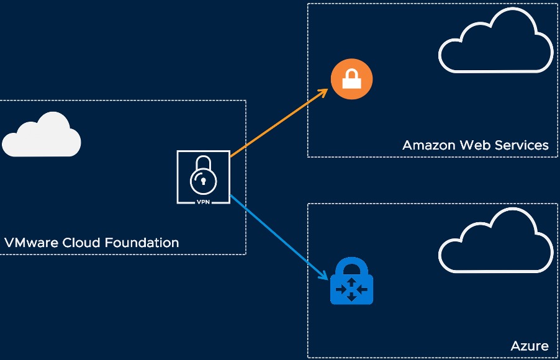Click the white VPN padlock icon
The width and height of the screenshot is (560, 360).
coord(204,177)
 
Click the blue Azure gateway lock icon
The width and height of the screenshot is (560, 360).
coord(351,282)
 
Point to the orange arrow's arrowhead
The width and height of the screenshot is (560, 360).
coord(323,92)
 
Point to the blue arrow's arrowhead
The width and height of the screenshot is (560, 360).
coord(323,276)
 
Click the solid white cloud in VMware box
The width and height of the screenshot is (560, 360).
coord(41,136)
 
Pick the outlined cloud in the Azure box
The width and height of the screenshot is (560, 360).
coord(495,244)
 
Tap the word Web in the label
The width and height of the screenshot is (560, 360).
coord(475,145)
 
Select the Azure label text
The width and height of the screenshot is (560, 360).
coord(530,346)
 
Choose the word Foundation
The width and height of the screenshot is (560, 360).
coord(142,243)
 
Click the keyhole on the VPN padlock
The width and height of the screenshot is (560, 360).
coord(204,181)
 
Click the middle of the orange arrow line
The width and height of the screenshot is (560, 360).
coord(278,124)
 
